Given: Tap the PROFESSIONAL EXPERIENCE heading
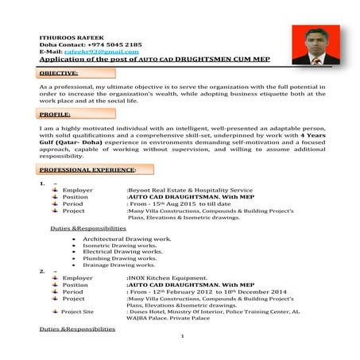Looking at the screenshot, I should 87,169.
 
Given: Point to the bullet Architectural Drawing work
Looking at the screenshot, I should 126,238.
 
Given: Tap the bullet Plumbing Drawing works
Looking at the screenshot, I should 121,257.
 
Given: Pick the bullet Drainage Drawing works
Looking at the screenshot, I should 121,264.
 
